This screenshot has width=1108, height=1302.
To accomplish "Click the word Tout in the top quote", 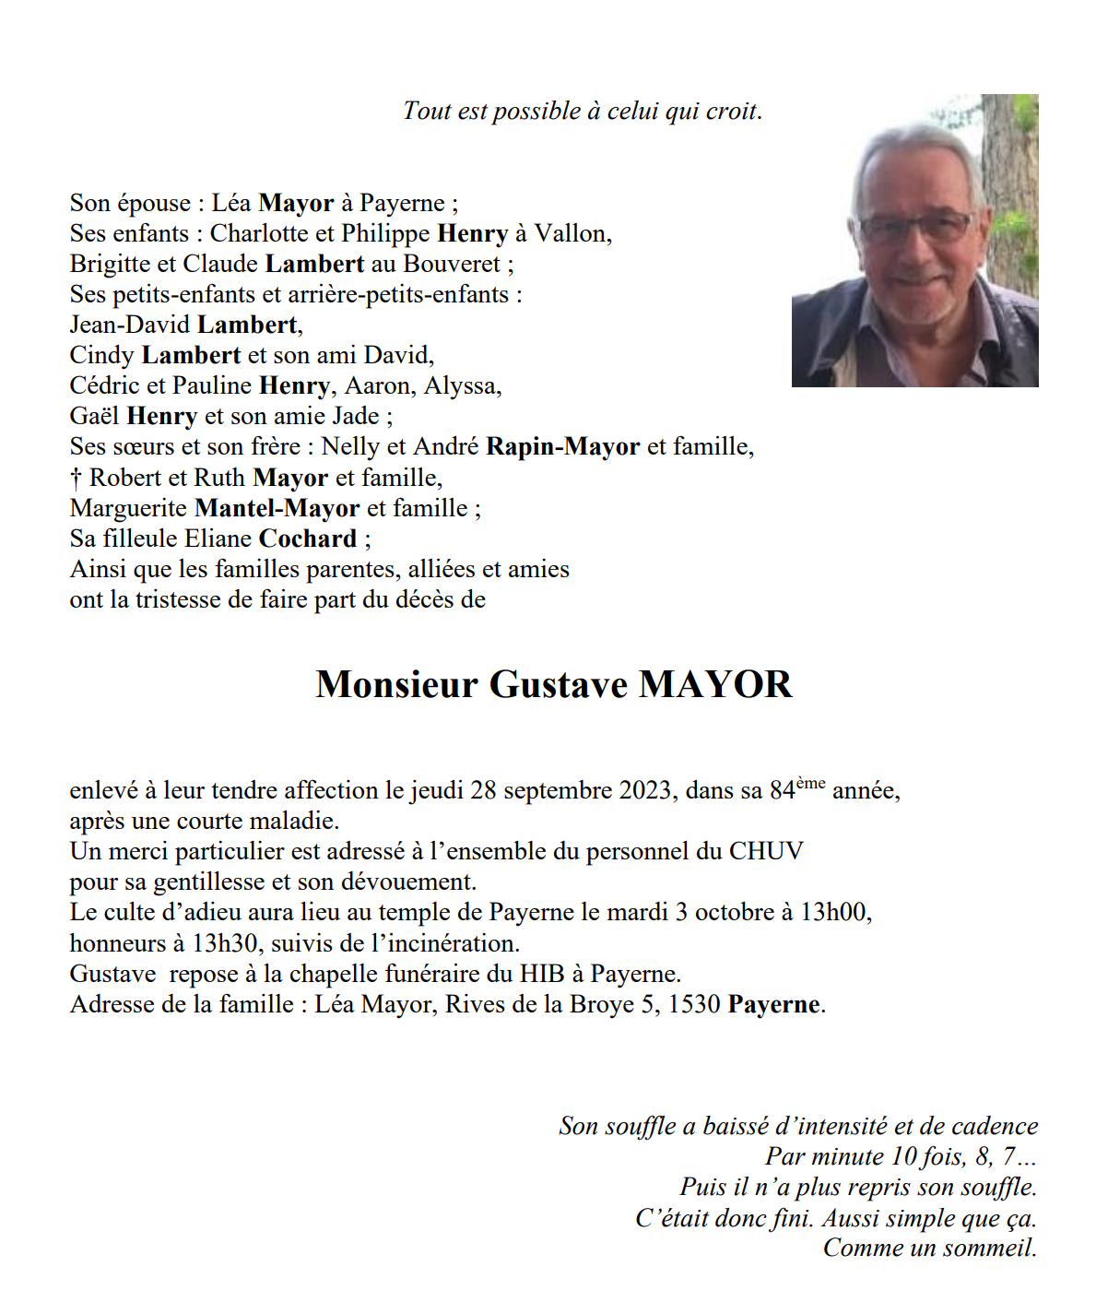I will click(x=426, y=112).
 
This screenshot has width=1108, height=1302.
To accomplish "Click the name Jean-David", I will click(x=130, y=325).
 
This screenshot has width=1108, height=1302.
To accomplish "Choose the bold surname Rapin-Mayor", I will click(x=562, y=447).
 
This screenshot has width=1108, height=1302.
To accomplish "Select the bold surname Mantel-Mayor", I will click(x=277, y=509).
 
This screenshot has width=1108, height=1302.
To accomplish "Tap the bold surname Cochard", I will click(x=308, y=539).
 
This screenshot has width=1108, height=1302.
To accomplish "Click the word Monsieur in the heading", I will click(x=396, y=685).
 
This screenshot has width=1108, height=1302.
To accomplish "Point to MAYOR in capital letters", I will click(x=715, y=685).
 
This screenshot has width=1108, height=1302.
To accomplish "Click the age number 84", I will click(x=782, y=791).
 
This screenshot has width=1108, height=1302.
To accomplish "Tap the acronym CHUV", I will click(x=766, y=852).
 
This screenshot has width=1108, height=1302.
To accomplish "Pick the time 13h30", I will click(x=225, y=944).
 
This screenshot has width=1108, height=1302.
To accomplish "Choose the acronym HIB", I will click(x=542, y=975).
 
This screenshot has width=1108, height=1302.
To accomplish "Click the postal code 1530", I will click(x=693, y=1005).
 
